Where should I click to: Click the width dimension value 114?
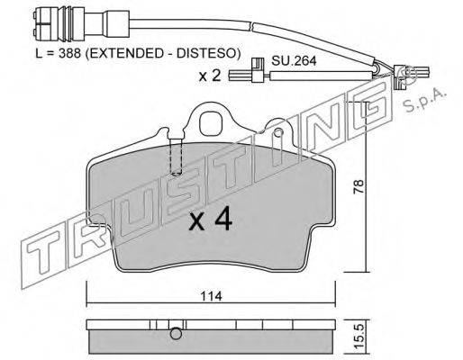[212, 296]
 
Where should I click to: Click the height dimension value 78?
[359, 186]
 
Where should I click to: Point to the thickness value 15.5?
[359, 337]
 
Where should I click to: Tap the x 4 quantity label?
[211, 219]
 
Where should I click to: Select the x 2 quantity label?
[210, 76]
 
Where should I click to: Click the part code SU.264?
[294, 61]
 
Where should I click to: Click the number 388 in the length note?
[70, 53]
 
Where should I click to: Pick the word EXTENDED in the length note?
[123, 53]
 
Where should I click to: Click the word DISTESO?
[208, 53]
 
